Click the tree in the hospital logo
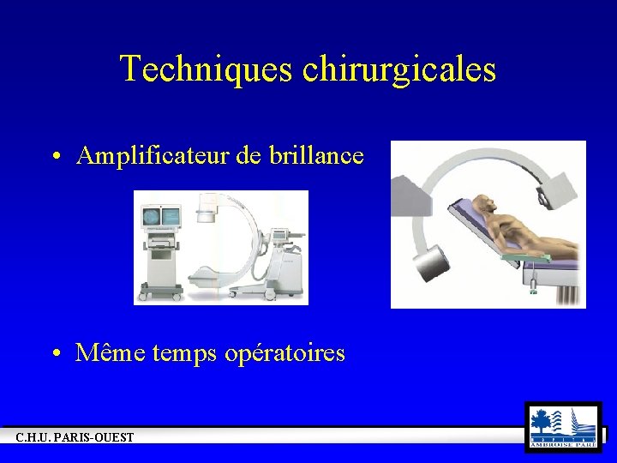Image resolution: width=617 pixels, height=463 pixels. tap(542, 421)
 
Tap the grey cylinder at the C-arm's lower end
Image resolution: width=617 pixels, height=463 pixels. tap(434, 262)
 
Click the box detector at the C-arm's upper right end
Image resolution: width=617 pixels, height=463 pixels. tap(560, 187)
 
